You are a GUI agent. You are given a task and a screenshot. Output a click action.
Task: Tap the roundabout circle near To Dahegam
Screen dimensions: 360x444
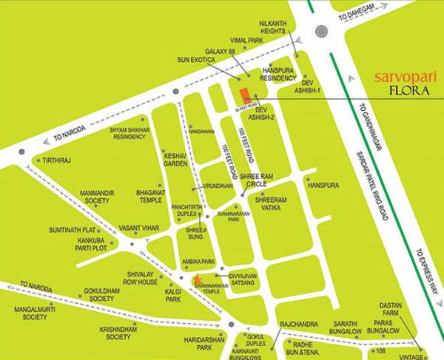tap(320, 31)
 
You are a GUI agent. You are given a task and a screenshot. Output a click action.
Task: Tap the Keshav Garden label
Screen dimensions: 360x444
tap(175, 160)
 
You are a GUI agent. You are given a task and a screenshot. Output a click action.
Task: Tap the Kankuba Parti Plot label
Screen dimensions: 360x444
tap(83, 245)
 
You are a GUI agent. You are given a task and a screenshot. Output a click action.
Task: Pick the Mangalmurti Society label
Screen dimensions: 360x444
tap(35, 313)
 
